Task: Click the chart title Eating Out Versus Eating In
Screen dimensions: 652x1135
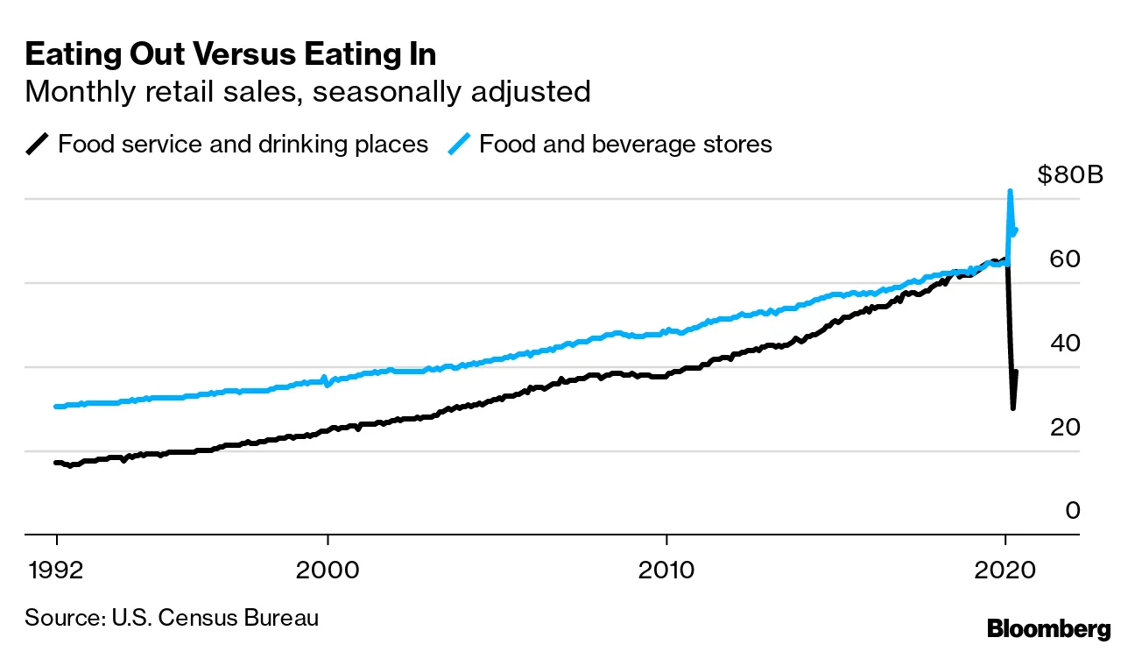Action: [x=230, y=54]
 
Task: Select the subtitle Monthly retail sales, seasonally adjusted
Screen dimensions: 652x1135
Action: [x=307, y=91]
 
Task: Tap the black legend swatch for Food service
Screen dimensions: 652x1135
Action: [x=38, y=144]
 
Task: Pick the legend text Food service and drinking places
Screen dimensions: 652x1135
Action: [x=243, y=144]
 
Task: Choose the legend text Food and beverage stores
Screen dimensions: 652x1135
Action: [x=625, y=144]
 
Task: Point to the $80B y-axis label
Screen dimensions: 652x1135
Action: [x=1069, y=175]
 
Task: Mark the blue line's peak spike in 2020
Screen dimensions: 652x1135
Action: [x=1010, y=192]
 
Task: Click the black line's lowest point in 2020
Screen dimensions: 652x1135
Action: [x=1013, y=407]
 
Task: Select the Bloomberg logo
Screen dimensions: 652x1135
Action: [x=1048, y=628]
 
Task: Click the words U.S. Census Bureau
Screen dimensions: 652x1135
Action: [x=215, y=618]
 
